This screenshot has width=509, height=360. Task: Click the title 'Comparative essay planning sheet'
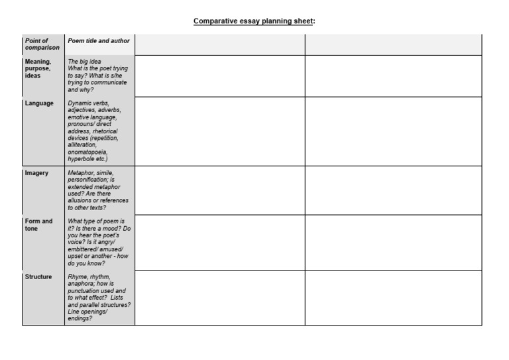point(253,21)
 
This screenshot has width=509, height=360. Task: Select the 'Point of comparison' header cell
point(42,44)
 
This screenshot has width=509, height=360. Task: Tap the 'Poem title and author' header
point(99,40)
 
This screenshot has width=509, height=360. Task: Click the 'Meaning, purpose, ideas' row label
point(38,68)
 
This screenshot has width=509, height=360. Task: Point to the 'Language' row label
point(39,103)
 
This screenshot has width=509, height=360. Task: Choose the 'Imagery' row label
point(36,173)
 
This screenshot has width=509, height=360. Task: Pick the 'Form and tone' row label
point(38,225)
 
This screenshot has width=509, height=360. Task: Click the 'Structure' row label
point(38,276)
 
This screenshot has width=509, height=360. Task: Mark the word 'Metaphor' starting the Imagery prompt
point(81,173)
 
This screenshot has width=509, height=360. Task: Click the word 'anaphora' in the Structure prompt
point(81,284)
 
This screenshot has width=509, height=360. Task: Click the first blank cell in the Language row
point(219,131)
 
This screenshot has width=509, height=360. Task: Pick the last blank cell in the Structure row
point(393,298)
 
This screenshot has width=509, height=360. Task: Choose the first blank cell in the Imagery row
point(219,190)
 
